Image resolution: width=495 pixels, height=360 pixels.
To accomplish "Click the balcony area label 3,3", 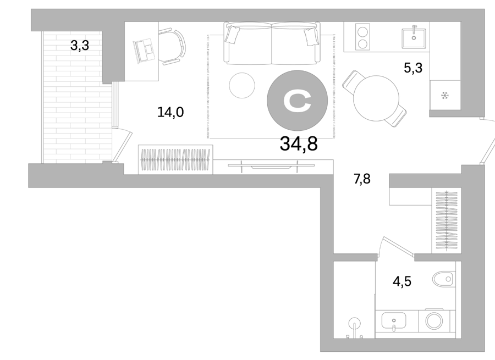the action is [x=80, y=46].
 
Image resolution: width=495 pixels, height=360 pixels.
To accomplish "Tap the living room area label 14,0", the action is [x=170, y=112].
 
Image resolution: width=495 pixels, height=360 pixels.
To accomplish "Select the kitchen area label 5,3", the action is [x=413, y=68].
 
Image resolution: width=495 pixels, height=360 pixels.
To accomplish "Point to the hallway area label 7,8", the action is [x=362, y=179].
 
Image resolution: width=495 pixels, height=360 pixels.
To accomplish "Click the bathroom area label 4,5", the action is [x=402, y=281].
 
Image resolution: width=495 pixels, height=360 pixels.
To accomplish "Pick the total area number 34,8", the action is [x=299, y=144].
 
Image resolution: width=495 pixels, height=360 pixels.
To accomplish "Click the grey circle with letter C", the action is [x=298, y=101].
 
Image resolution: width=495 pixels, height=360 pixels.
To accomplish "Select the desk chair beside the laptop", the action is [x=172, y=47].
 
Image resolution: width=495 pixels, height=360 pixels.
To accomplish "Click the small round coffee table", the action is [x=242, y=85].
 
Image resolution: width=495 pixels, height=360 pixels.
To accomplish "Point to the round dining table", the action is [x=376, y=98].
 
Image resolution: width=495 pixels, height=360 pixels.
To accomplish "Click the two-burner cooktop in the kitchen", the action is [x=363, y=37].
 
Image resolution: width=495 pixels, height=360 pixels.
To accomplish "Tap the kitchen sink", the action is [x=414, y=38].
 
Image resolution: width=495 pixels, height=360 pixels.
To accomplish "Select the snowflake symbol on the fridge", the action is [x=445, y=95].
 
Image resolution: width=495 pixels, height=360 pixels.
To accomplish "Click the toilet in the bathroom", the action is [x=443, y=279].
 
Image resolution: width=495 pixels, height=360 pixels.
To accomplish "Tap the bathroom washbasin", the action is [x=394, y=321].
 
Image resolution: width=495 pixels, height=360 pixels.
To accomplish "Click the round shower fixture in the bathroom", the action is [x=355, y=324].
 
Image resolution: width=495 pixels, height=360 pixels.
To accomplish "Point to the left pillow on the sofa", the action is [x=232, y=35].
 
